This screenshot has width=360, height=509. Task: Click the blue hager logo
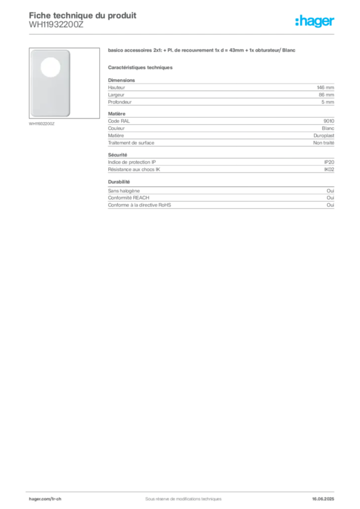click(315, 22)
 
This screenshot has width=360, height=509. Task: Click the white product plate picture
click(50, 84)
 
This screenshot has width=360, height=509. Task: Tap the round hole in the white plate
click(50, 67)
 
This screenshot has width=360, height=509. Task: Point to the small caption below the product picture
click(42, 124)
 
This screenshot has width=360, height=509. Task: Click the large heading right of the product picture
click(203, 52)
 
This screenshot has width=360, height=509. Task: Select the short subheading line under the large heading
click(141, 67)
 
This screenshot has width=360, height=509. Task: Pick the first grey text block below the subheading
click(220, 92)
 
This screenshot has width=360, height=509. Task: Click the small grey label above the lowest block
click(119, 182)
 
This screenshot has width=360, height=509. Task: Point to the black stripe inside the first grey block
click(226, 101)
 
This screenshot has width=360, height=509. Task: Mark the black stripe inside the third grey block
click(244, 170)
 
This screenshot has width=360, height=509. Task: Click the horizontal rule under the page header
click(183, 34)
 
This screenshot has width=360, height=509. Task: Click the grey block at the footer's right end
click(326, 496)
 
